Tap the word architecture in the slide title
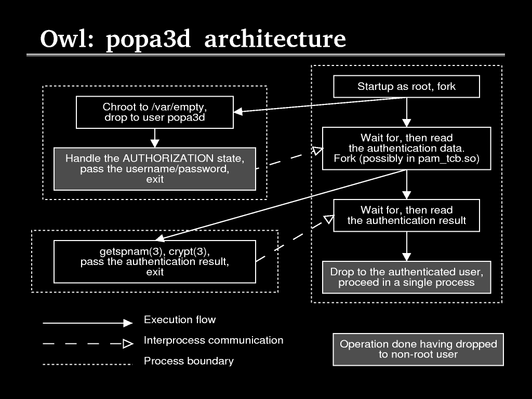point(275,39)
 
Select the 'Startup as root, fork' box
point(406,87)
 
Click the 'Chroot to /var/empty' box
point(155,112)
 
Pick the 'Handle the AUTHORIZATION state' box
point(155,169)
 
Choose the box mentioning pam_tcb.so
point(406,148)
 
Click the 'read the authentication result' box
point(406,215)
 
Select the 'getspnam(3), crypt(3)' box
point(155,261)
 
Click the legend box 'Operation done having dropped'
point(418,349)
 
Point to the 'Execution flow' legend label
point(180,320)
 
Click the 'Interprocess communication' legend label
point(214,340)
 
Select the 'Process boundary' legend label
point(189,361)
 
